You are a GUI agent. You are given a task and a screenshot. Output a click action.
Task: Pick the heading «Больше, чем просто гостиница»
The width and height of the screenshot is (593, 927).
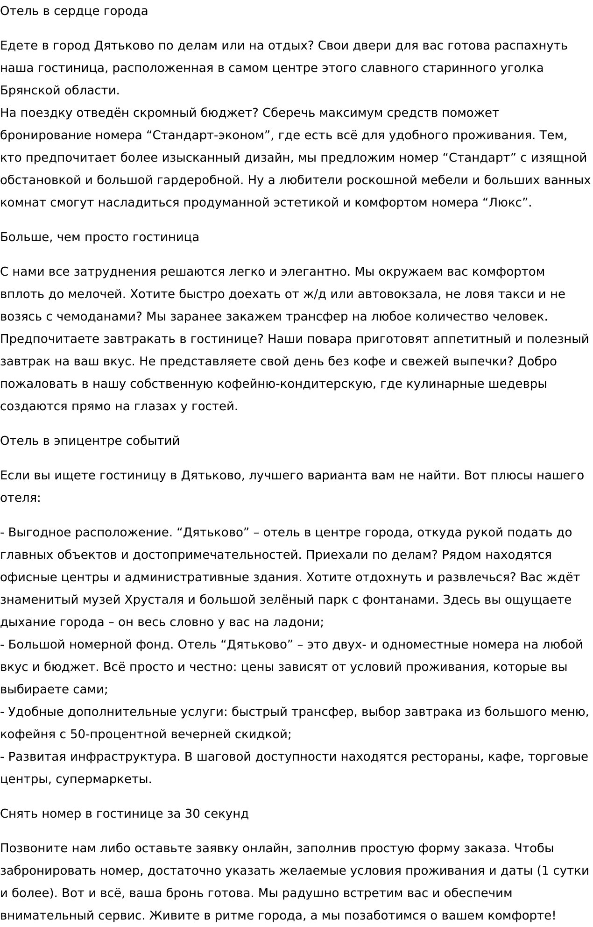pyautogui.click(x=99, y=237)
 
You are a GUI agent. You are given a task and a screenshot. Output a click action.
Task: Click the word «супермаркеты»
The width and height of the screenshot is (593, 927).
pyautogui.click(x=104, y=779)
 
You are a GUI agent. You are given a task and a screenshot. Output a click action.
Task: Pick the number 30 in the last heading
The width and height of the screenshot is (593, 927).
pyautogui.click(x=193, y=814)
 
